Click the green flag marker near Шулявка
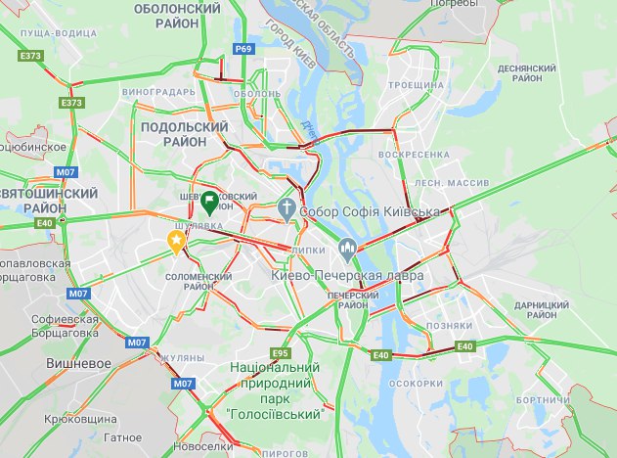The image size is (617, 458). [209, 204]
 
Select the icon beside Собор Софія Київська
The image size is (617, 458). [286, 207]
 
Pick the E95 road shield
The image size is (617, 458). [281, 352]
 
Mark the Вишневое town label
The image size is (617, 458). [76, 362]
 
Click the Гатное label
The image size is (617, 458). [122, 438]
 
